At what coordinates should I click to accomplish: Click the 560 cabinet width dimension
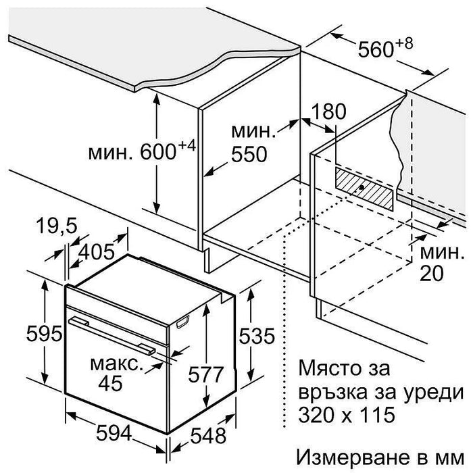click(376, 49)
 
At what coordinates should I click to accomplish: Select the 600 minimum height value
click(158, 152)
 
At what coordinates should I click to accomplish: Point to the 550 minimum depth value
click(249, 155)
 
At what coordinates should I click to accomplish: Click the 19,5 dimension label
click(57, 226)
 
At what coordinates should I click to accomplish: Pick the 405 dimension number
click(97, 251)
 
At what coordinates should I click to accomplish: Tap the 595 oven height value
click(45, 334)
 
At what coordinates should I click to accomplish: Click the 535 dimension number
click(257, 336)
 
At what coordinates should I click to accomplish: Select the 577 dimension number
click(205, 374)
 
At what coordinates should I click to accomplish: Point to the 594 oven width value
click(114, 434)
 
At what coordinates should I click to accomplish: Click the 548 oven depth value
click(208, 437)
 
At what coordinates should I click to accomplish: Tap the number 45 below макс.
click(111, 383)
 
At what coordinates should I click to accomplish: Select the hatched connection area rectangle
click(364, 189)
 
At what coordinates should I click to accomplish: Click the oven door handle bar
click(112, 335)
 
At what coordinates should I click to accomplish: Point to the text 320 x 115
click(347, 414)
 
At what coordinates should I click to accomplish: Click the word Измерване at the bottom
click(354, 457)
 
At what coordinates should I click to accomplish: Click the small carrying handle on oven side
click(183, 322)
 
